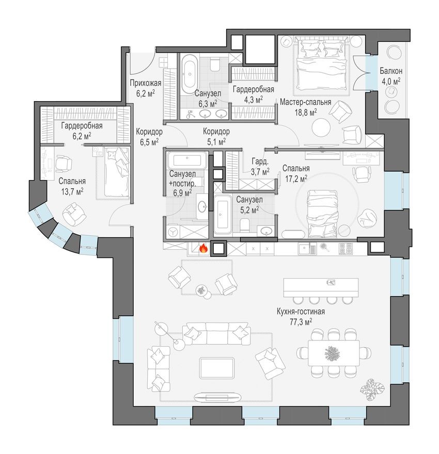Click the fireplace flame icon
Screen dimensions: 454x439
[x=203, y=249]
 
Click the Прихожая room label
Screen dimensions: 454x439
[x=146, y=84]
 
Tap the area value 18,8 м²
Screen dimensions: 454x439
[x=305, y=111]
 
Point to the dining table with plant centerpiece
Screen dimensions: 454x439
[x=329, y=352]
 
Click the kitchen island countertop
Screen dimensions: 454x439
[x=320, y=285]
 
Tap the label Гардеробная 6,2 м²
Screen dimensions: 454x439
[x=82, y=131]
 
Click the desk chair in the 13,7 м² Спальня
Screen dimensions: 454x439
[x=65, y=164]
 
